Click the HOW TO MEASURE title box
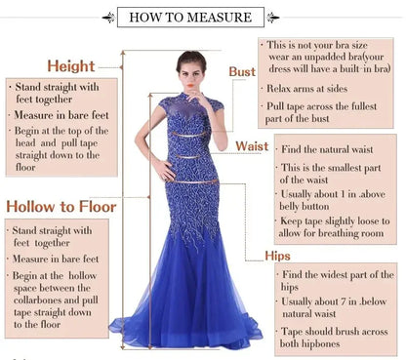coord(190,17)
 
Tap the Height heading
coord(70,66)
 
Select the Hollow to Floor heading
coord(61,207)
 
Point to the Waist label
coord(251,146)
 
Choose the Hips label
coord(277,256)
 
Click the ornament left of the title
coord(107,17)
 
